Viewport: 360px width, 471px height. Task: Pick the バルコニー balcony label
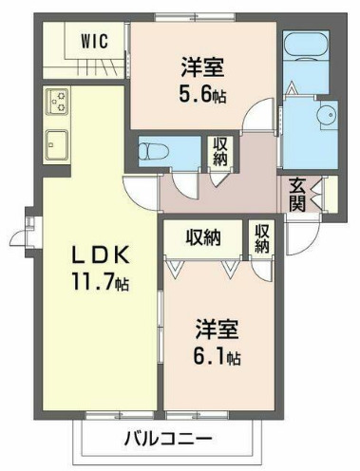tap(166, 439)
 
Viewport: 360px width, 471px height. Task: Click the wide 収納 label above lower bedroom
tap(202, 236)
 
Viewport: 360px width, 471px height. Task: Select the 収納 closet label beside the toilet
tap(220, 151)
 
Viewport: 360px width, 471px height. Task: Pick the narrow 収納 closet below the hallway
tap(261, 237)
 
